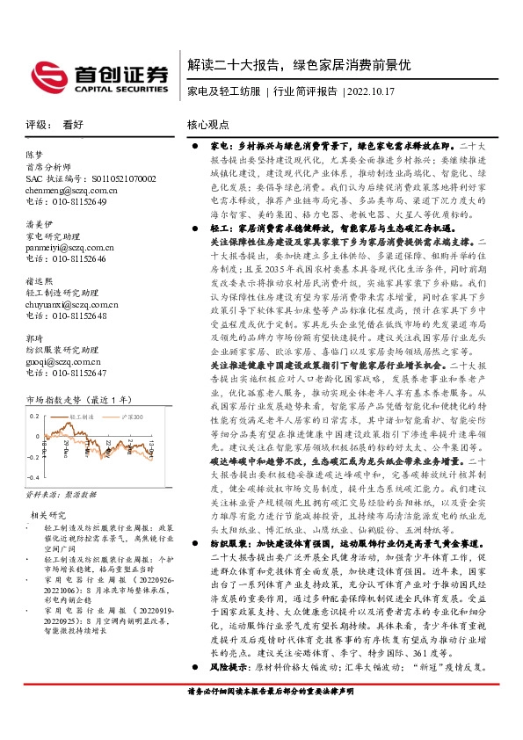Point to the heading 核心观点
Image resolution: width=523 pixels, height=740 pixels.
208,126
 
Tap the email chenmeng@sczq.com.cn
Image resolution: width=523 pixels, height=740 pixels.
71,190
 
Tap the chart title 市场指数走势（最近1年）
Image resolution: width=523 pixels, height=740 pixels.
78,401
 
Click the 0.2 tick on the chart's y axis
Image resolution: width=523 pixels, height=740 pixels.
34,416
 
